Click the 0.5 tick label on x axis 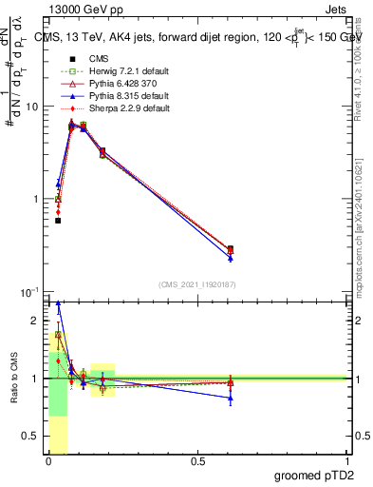[x=196, y=461]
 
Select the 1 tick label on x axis [x=348, y=461]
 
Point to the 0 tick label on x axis [x=47, y=461]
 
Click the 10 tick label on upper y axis [x=32, y=107]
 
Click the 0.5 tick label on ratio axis [x=32, y=437]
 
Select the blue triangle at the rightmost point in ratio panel [x=231, y=399]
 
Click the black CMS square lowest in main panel [x=58, y=221]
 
